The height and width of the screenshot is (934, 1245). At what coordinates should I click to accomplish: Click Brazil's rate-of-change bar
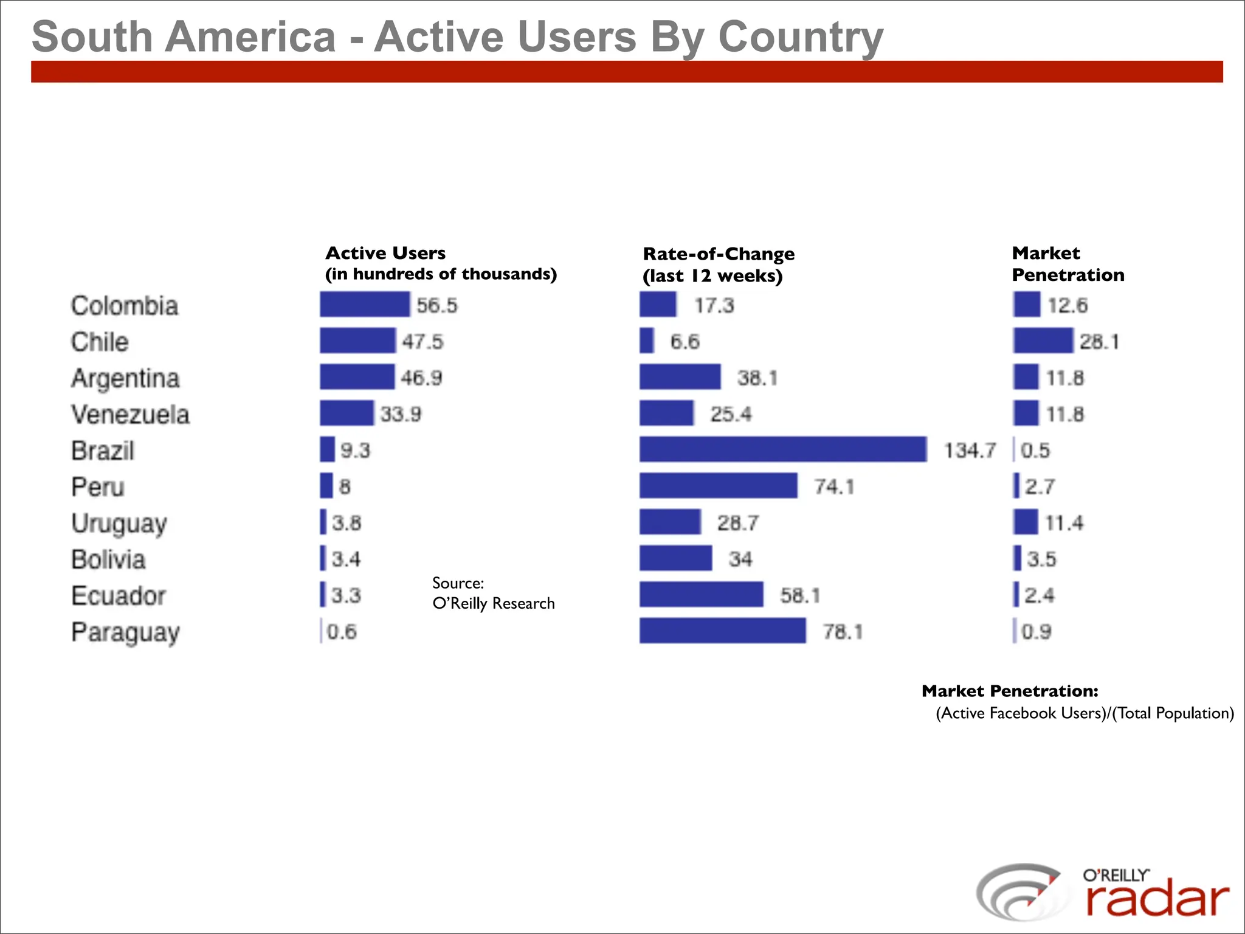tap(783, 449)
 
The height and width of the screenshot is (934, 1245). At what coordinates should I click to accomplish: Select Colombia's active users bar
tap(365, 304)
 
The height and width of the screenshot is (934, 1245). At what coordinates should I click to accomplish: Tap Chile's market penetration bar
tap(1043, 341)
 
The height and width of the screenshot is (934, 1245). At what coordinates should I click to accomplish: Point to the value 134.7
tap(970, 451)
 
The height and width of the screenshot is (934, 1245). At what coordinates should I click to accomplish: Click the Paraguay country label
tap(125, 632)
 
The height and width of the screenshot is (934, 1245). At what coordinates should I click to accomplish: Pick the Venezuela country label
tap(130, 415)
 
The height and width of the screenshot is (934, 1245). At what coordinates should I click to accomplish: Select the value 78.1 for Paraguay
tap(843, 632)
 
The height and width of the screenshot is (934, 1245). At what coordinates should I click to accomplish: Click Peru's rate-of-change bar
tap(718, 486)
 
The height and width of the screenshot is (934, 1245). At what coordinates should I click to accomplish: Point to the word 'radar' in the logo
tap(1157, 901)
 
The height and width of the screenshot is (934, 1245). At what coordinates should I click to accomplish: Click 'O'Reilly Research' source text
tap(493, 603)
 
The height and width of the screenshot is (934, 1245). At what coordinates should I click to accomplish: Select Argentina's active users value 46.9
tap(421, 378)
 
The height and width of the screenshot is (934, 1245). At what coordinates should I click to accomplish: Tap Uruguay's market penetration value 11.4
tap(1064, 523)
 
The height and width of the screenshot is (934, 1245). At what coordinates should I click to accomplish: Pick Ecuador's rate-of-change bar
tap(701, 595)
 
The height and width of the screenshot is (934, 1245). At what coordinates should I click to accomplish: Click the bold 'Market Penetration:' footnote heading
tap(1010, 691)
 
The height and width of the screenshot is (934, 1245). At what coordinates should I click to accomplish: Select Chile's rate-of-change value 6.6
tap(685, 342)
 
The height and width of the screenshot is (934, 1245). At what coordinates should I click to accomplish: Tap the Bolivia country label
tap(108, 559)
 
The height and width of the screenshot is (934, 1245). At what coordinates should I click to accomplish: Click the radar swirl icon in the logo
tap(1018, 892)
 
